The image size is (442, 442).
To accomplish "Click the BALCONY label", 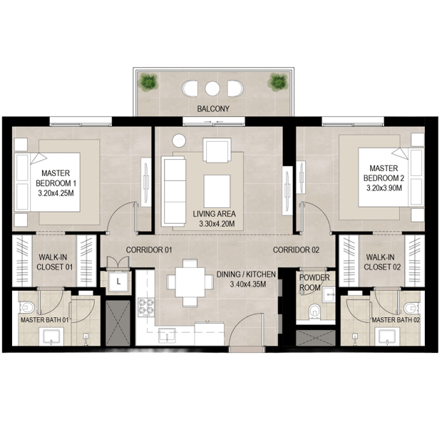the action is tap(213, 108).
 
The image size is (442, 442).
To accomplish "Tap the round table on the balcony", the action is tap(212, 88).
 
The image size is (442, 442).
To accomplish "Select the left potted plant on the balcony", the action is tap(148, 82).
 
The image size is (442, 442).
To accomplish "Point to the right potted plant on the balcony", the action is tap(277, 82).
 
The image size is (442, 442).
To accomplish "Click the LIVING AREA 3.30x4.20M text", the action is tap(215, 219).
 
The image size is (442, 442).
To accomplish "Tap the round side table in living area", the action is tap(179, 140).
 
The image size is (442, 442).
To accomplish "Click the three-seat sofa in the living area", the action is tap(173, 191).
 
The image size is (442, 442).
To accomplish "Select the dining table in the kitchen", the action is tap(190, 282).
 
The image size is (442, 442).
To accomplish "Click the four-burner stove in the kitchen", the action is tap(146, 307).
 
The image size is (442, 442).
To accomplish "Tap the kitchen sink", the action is tap(167, 335).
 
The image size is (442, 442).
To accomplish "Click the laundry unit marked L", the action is tap(118, 282).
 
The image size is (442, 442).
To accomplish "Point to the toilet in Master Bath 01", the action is tap(26, 307).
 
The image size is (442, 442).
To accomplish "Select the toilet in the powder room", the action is tap(314, 312).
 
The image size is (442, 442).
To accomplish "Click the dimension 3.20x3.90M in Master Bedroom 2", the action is tap(384, 188).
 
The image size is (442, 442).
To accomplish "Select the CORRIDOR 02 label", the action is tap(296, 250).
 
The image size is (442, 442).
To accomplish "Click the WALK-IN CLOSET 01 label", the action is tap(55, 262).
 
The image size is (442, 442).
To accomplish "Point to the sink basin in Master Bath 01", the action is tap(51, 336).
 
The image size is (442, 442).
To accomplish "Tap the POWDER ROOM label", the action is tap(314, 282).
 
